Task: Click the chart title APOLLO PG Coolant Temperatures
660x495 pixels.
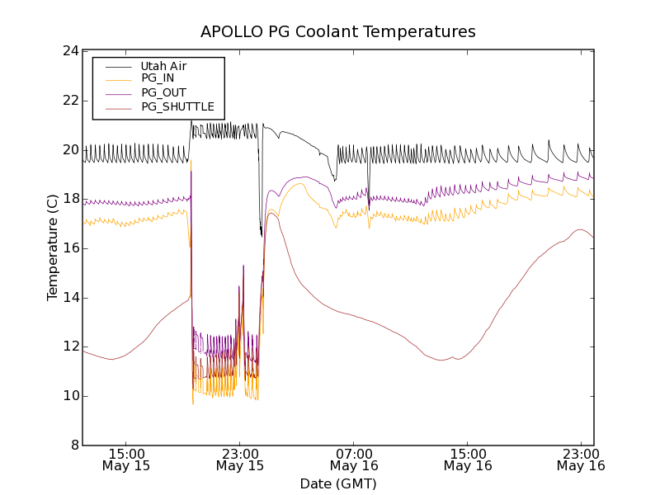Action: tap(338, 32)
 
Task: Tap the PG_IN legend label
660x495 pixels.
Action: tap(158, 78)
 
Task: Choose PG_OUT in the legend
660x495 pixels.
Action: tap(163, 92)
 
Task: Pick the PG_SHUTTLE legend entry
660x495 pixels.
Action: tap(177, 106)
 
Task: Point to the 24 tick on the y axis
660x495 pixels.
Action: tap(70, 51)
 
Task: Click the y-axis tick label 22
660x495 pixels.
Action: tap(70, 101)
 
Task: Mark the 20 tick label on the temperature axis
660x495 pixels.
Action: tap(70, 150)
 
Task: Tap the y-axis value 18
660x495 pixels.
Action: tap(70, 199)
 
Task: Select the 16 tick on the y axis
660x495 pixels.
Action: tap(70, 248)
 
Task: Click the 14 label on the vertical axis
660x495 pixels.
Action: tap(70, 298)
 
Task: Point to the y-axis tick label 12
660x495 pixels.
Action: tap(70, 347)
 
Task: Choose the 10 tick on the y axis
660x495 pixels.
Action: tap(70, 396)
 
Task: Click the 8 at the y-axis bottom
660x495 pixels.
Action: tap(74, 445)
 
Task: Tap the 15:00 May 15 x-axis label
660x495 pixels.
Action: tap(126, 460)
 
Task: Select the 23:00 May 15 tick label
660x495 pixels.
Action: tap(240, 460)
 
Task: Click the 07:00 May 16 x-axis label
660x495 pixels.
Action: tap(354, 460)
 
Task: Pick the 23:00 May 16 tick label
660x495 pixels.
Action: tap(581, 460)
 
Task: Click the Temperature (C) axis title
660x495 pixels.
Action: tap(53, 247)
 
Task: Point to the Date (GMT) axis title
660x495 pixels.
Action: tap(338, 483)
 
